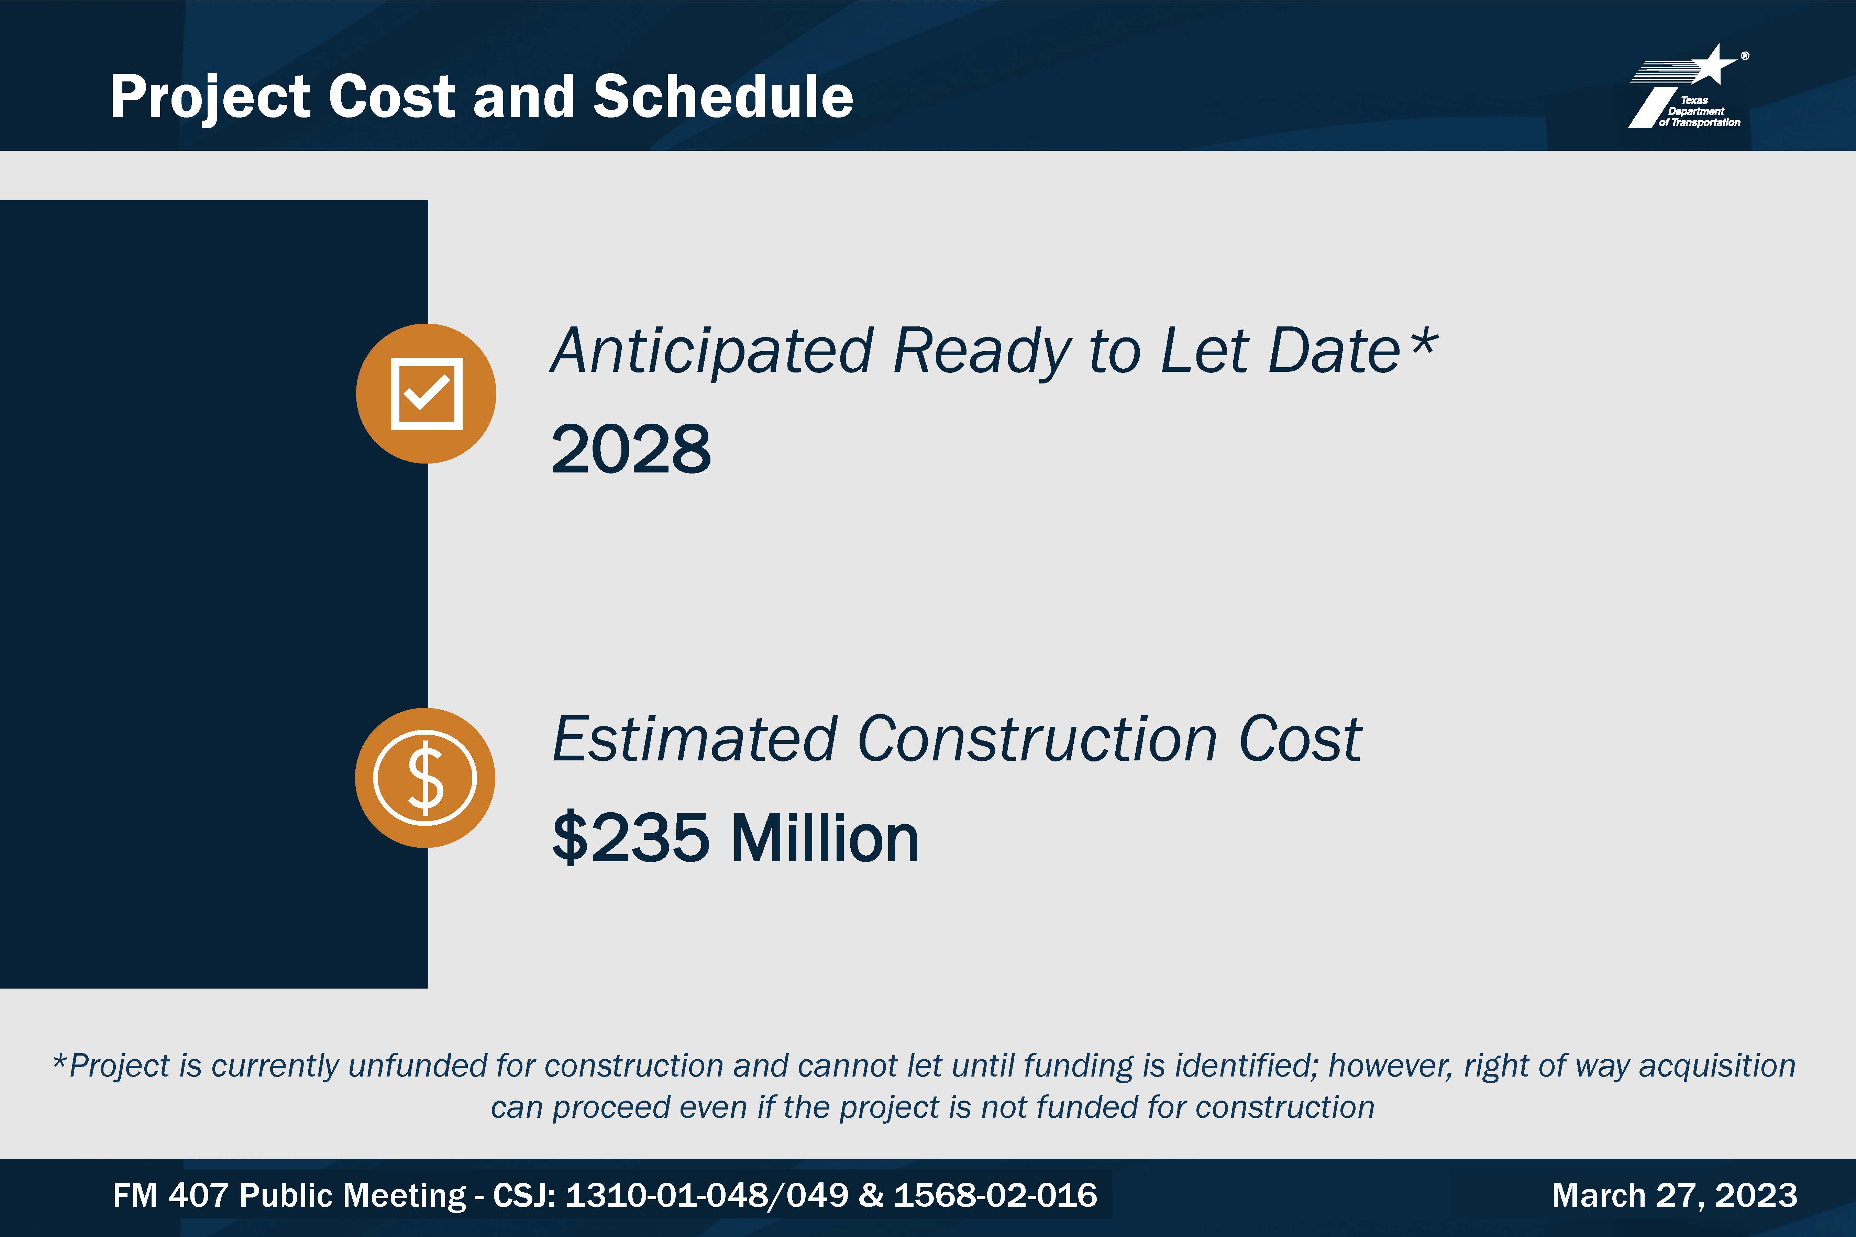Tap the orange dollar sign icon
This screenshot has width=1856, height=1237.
click(x=426, y=778)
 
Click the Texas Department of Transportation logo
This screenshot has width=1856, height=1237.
click(x=1689, y=87)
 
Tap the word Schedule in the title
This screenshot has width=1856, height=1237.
click(x=723, y=96)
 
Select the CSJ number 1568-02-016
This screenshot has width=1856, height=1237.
click(x=995, y=1195)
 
